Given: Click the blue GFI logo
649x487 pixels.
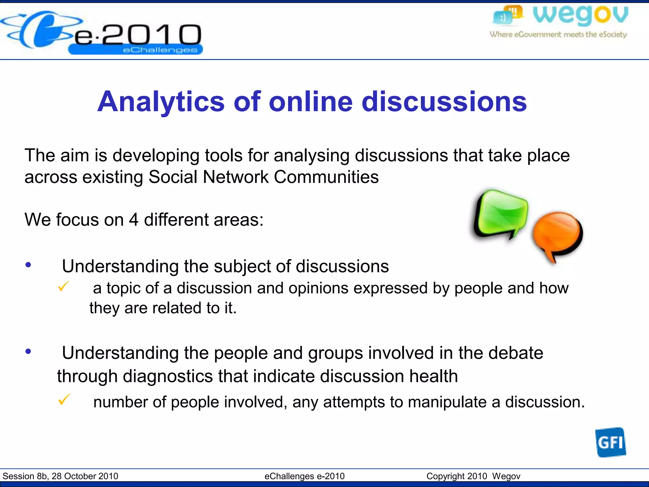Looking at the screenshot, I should [610, 442].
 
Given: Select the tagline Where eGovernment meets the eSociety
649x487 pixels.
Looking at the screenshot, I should [558, 35].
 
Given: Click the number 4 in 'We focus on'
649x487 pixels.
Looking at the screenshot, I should [133, 220].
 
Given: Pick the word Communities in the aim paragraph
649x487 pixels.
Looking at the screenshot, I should [326, 177].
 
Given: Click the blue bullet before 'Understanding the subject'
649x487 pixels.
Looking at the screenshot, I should [29, 265].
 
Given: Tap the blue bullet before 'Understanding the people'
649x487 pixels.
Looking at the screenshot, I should [29, 351].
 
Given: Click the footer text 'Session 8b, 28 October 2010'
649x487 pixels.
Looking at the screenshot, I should [60, 476].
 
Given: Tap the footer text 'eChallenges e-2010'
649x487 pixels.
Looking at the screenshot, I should [305, 476].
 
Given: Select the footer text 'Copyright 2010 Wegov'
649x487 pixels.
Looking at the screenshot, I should [473, 476].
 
